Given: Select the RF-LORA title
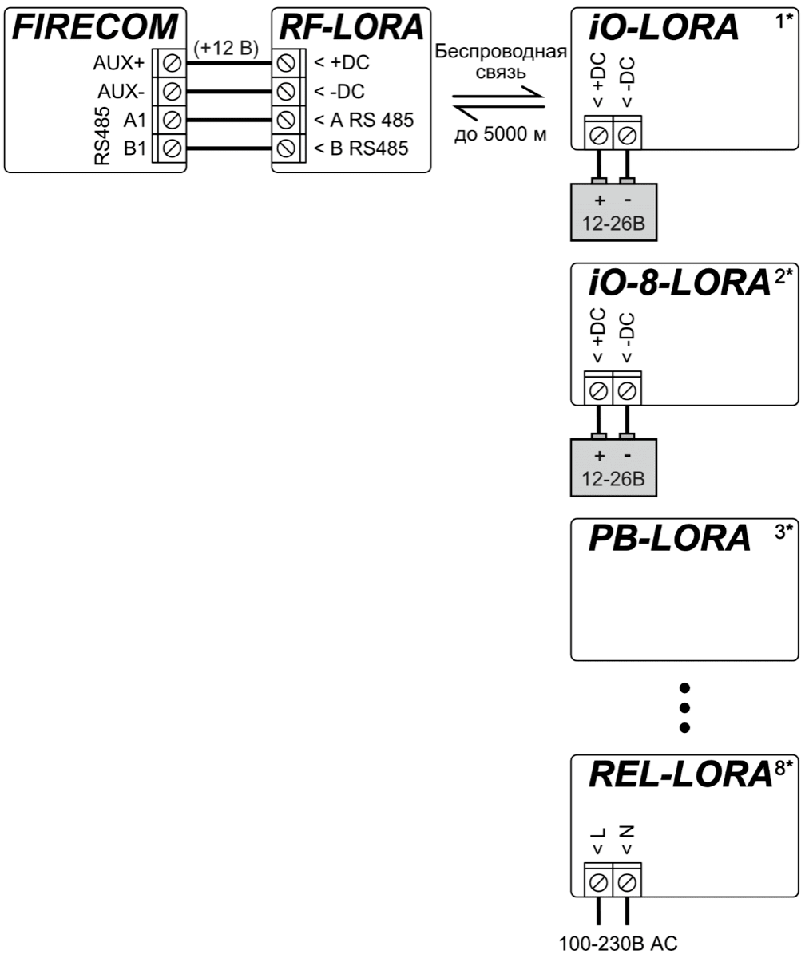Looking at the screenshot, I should coord(351,26).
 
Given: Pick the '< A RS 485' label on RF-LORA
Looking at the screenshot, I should coord(363,121).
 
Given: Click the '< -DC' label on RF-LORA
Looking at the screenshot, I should coord(339,91).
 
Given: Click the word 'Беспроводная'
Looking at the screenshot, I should coord(501,52).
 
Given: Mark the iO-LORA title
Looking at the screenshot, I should coord(664,28).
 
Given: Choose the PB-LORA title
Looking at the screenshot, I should coord(669,539).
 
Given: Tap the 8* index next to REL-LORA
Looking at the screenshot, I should coord(783,770).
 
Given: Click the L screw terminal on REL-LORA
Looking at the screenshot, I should coord(598,882).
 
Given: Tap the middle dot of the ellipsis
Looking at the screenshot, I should coord(684,707).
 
